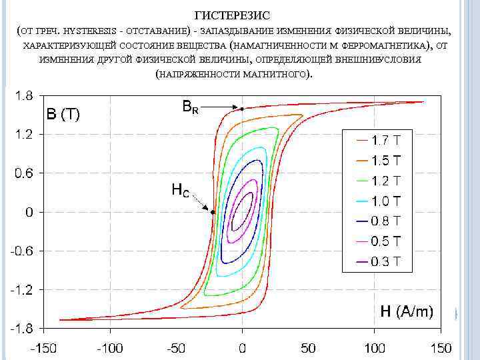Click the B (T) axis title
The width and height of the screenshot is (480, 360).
[x=63, y=115]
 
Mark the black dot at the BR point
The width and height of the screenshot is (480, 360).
[x=242, y=109]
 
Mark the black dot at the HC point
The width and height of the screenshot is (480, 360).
[x=213, y=212]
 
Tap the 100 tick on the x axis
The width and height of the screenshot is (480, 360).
[x=374, y=348]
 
